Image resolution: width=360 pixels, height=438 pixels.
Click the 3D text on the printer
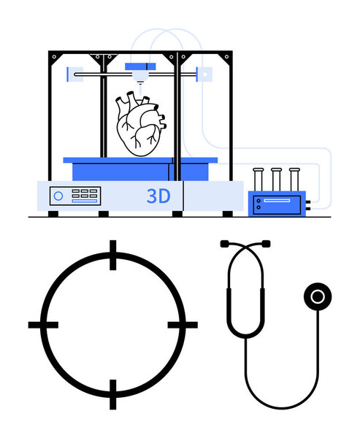[x=158, y=196]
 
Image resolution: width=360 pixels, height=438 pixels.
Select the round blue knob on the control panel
[x=58, y=196]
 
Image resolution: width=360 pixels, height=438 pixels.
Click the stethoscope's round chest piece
[x=318, y=296]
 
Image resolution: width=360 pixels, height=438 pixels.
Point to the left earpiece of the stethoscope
[x=225, y=244]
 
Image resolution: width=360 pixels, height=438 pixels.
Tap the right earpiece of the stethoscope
[x=266, y=244]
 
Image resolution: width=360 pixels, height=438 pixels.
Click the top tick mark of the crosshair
[x=113, y=255]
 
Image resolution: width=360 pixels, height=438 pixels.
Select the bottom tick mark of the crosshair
[x=113, y=394]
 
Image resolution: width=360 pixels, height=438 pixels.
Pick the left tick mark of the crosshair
[x=43, y=325]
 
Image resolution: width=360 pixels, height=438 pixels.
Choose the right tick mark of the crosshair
[x=183, y=325]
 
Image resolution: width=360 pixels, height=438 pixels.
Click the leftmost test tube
[x=258, y=180]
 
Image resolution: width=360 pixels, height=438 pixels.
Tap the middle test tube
[x=276, y=180]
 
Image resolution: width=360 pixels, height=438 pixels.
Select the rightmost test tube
[x=294, y=180]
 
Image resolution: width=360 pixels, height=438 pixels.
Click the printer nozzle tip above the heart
[x=140, y=82]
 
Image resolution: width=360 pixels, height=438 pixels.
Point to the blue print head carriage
[x=140, y=66]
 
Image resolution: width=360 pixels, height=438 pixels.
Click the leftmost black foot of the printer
[x=53, y=214]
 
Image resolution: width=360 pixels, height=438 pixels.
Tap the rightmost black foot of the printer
[x=228, y=214]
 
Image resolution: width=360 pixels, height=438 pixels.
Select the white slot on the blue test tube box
[x=277, y=201]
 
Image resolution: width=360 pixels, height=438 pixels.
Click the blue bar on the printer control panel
[x=85, y=201]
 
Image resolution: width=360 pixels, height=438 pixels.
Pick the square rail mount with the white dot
[x=205, y=74]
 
